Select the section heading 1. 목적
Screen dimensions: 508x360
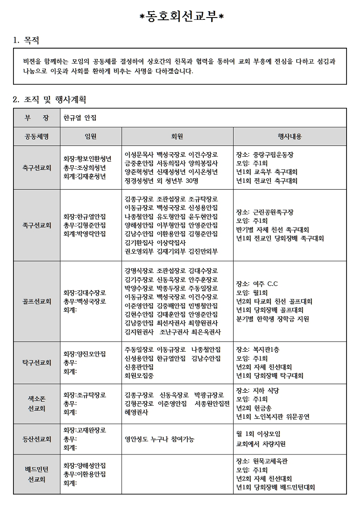(x=27, y=41)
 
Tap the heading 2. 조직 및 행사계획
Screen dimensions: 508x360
(x=49, y=99)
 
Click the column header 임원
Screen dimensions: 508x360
(x=90, y=136)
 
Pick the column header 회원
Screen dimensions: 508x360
(x=177, y=136)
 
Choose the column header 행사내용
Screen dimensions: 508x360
(x=289, y=136)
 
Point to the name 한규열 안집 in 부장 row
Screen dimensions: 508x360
(x=80, y=118)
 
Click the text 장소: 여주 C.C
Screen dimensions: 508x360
(x=257, y=284)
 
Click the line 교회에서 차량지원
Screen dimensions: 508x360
(x=261, y=444)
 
